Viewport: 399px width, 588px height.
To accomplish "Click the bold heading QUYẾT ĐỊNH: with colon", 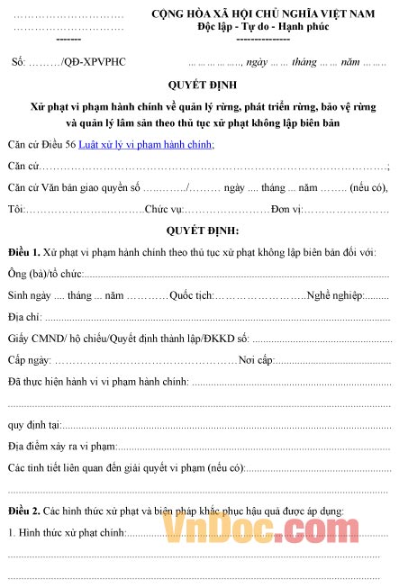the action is (x=199, y=230).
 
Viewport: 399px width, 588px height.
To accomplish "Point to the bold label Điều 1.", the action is (x=23, y=250).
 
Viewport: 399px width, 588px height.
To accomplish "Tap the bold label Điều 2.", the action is (x=23, y=511).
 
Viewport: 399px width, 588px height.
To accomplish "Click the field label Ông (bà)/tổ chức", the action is (x=45, y=273).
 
